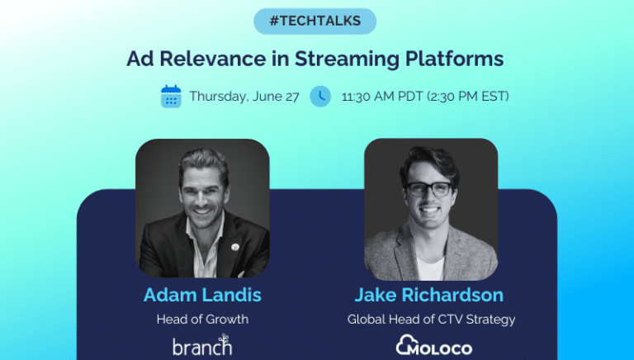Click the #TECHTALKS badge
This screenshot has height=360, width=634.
pos(315,21)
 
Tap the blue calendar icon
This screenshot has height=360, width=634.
pos(171,97)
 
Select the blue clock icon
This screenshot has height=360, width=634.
pos(320,97)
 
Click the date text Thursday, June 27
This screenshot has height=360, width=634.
pos(244,97)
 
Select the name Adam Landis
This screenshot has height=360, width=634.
pos(201,296)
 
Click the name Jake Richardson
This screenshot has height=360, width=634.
pos(430,296)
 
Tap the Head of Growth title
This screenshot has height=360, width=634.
pos(201,320)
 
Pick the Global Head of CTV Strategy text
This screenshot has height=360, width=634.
pos(430,320)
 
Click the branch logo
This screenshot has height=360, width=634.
pos(201,345)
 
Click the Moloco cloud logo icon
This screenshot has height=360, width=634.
pos(405,345)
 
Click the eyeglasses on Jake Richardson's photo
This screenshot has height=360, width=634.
pos(430,188)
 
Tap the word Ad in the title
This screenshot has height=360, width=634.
pos(137,59)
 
